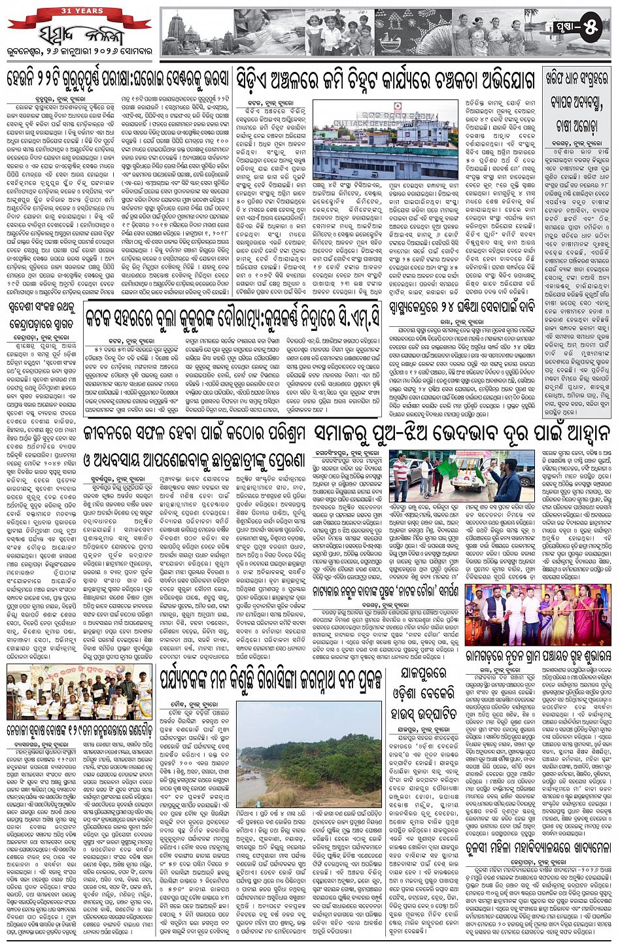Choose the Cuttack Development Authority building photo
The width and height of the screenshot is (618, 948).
tap(385, 139)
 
